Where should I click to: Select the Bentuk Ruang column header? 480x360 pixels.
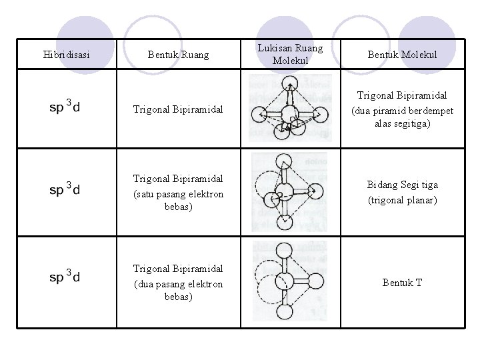pyautogui.click(x=178, y=54)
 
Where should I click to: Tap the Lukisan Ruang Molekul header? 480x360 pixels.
pyautogui.click(x=289, y=54)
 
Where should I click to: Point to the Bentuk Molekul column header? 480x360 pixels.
pyautogui.click(x=402, y=54)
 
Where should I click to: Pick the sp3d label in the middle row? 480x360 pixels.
pyautogui.click(x=65, y=190)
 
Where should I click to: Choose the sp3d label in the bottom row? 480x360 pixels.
pyautogui.click(x=65, y=277)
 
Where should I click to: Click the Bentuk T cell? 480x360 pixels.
pyautogui.click(x=402, y=283)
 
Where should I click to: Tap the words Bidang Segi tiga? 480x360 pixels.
pyautogui.click(x=402, y=185)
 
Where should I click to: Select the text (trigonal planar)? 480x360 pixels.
pyautogui.click(x=402, y=200)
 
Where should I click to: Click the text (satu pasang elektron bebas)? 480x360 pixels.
pyautogui.click(x=177, y=200)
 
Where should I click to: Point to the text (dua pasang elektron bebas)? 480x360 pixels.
pyautogui.click(x=177, y=289)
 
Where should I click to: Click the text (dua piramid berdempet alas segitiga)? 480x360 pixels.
pyautogui.click(x=402, y=117)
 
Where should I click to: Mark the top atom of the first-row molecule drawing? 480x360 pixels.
pyautogui.click(x=289, y=83)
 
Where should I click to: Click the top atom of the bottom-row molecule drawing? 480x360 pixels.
pyautogui.click(x=284, y=251)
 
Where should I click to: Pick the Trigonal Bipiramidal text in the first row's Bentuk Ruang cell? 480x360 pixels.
pyautogui.click(x=177, y=108)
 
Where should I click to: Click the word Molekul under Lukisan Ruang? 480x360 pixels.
pyautogui.click(x=289, y=61)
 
